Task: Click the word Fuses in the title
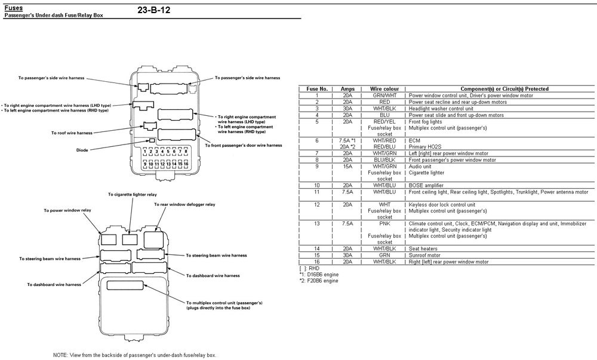click(14, 7)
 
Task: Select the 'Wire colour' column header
click(384, 88)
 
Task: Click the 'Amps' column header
click(347, 88)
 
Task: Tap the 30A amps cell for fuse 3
click(347, 109)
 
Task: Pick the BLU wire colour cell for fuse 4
click(384, 115)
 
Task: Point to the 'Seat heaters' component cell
click(424, 248)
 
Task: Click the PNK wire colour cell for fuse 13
click(384, 223)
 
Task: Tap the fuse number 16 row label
click(316, 261)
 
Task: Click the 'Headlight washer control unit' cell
click(441, 109)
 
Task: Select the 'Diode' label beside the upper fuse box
click(82, 150)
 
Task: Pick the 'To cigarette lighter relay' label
click(133, 194)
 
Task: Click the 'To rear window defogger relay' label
click(184, 204)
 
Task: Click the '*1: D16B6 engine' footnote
click(319, 275)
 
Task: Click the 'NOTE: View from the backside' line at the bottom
click(134, 355)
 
